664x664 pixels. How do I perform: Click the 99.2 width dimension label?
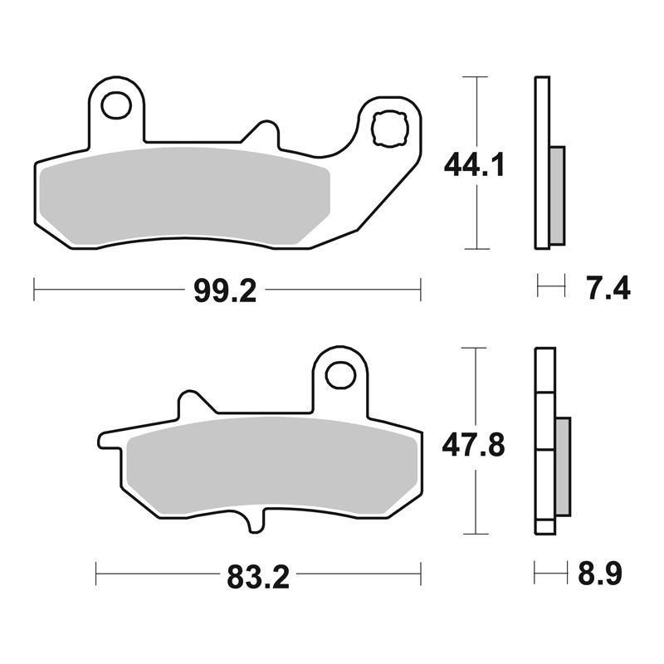(x=225, y=291)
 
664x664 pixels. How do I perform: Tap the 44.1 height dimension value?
(x=474, y=165)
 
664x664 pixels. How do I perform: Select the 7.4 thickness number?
(x=608, y=288)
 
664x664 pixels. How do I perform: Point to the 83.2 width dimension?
(x=258, y=577)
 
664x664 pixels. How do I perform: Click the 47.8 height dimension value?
(x=473, y=445)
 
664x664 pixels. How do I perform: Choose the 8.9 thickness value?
(x=600, y=574)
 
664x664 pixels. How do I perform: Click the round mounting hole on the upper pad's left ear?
(x=115, y=105)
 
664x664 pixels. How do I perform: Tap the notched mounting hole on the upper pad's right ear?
(x=388, y=129)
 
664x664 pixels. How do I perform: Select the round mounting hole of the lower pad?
(x=340, y=375)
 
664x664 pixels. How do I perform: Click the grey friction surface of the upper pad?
(x=184, y=197)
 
